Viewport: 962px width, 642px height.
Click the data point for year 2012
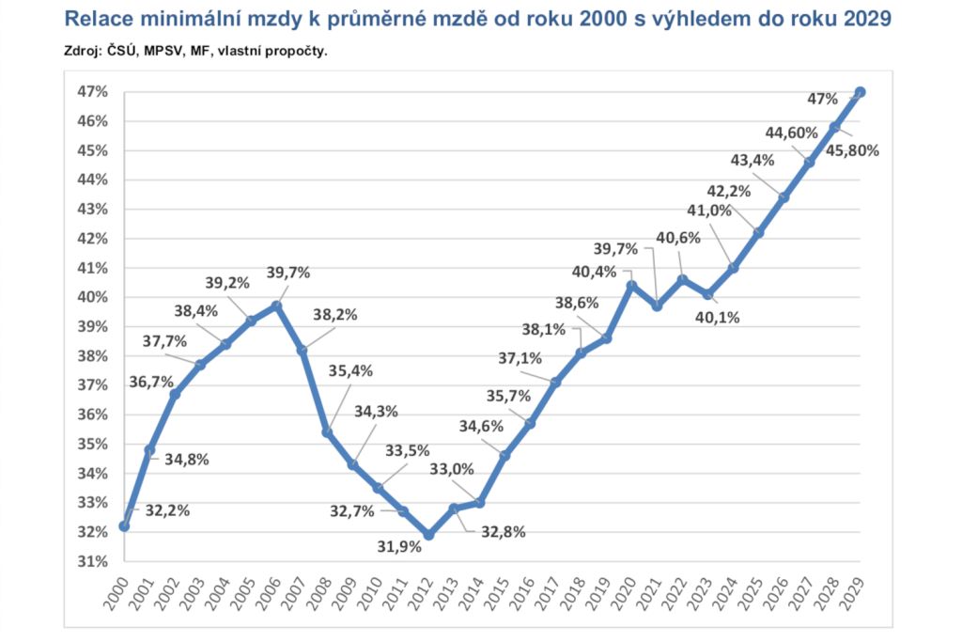[428, 535]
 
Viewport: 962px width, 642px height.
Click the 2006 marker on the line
[276, 305]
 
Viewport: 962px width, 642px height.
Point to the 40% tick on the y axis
[93, 297]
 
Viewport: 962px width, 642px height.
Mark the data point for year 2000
[124, 526]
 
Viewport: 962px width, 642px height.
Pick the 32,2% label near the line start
[168, 511]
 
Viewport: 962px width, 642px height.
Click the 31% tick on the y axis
[93, 562]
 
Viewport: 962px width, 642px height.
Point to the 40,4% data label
[593, 273]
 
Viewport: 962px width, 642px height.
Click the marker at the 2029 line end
[861, 92]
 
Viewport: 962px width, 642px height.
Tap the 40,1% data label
[717, 317]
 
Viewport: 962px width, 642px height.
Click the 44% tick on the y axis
[93, 180]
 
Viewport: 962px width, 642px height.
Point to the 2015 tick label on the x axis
[505, 594]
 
